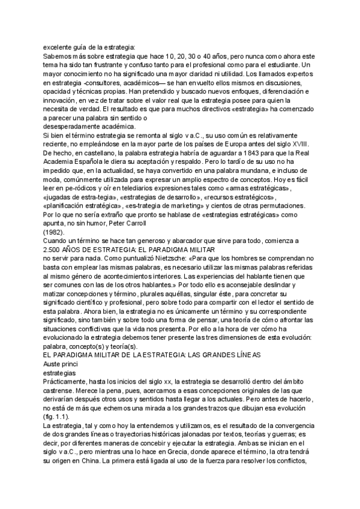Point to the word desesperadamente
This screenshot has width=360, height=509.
click(x=71, y=125)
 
